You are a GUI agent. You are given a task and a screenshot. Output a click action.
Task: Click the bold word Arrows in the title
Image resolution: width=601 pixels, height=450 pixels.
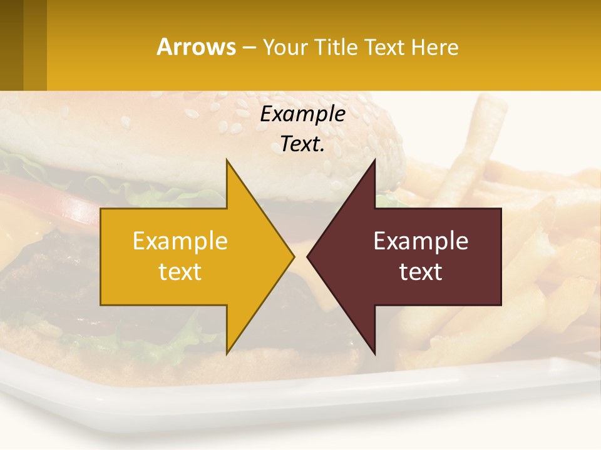196,47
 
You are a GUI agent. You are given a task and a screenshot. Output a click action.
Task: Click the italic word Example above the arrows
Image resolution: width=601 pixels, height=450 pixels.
303,114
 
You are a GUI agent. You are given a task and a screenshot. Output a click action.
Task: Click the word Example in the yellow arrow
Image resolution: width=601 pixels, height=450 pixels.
180,241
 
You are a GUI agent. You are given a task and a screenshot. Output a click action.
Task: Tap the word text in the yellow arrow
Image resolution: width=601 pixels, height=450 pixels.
180,272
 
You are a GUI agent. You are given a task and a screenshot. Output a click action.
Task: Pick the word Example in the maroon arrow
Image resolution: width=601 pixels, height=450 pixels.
421,241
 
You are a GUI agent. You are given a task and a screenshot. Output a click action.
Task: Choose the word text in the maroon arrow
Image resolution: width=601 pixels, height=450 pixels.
421,272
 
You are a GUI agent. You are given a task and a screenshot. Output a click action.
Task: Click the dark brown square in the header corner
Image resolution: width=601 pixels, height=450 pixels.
11,45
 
